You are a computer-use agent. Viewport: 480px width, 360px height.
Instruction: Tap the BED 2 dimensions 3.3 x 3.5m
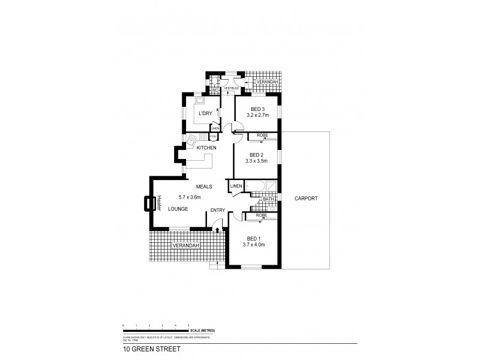tap(262, 160)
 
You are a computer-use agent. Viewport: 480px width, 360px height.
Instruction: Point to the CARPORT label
tap(306, 198)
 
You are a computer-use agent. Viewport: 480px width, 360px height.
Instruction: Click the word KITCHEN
tap(206, 148)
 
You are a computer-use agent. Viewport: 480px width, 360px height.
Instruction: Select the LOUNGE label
tap(178, 209)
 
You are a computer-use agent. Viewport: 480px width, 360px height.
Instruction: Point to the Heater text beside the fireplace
tap(160, 204)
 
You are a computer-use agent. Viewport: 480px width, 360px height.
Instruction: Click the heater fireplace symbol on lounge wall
tap(148, 204)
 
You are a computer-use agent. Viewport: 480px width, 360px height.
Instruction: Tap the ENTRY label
tap(217, 210)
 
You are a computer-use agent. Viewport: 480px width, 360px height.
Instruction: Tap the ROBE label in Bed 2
tap(262, 136)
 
